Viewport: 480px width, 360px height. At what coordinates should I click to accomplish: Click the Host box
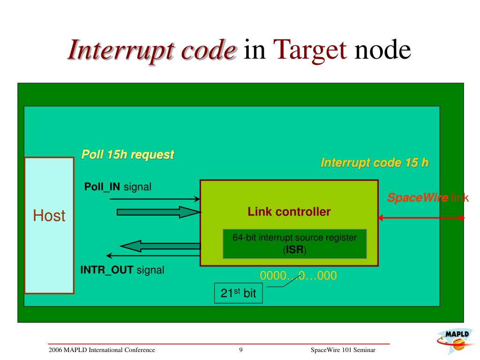coord(49,225)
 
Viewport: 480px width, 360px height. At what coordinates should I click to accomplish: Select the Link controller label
coord(289,212)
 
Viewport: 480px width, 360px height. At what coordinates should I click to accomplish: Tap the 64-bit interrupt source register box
coord(294,244)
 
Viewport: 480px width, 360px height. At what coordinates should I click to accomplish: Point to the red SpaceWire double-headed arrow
coord(421,217)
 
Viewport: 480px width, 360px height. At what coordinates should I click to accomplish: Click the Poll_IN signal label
coord(118,187)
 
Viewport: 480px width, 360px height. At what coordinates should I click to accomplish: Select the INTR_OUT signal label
coord(122,270)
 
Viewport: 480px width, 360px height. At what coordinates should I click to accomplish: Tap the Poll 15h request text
coord(127,155)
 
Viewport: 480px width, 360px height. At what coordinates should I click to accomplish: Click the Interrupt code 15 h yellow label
coord(374,163)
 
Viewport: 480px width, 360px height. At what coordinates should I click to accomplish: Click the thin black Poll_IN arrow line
coord(155,199)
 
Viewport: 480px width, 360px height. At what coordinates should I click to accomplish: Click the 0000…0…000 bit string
coord(298,276)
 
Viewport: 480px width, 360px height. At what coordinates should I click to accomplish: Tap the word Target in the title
coord(309,50)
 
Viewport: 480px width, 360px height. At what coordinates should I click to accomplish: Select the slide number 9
coord(240,350)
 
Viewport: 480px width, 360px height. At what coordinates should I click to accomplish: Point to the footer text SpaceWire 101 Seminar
coord(343,350)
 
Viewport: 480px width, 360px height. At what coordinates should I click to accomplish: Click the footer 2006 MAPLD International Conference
coord(102,350)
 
